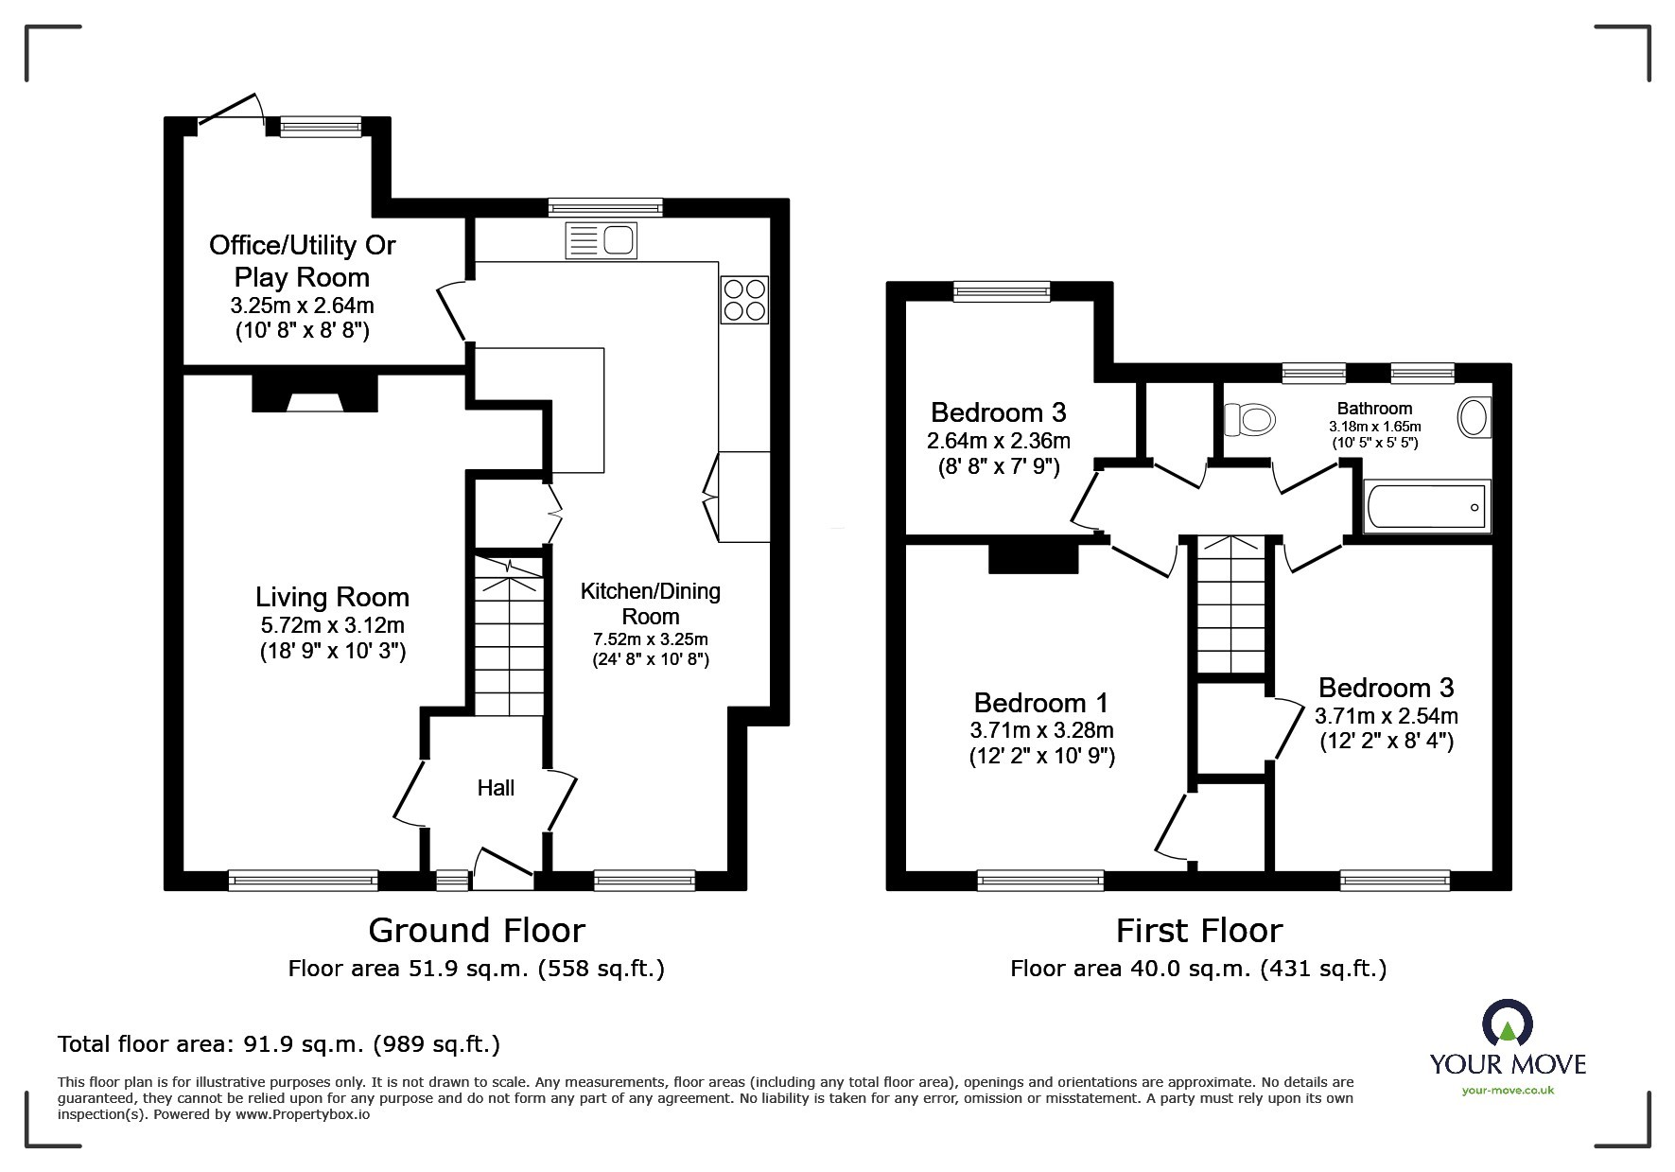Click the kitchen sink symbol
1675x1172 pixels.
tap(601, 239)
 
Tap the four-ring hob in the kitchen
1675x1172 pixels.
tap(744, 299)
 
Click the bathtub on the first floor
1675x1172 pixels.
tap(1428, 506)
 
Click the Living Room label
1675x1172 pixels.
tap(332, 597)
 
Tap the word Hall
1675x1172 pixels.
tap(496, 787)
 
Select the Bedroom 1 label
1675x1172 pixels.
tap(1041, 703)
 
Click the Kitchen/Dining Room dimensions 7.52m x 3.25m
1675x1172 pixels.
tap(651, 639)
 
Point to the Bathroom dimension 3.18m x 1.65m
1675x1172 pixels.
tap(1374, 427)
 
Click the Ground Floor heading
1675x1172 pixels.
tap(477, 930)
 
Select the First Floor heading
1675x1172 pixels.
tap(1199, 930)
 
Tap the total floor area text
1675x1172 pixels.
tap(279, 1044)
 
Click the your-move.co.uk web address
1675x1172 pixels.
tap(1508, 1091)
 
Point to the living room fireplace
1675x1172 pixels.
tap(315, 394)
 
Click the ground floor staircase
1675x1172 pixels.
tap(509, 636)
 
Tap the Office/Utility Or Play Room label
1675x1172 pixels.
tap(302, 261)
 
